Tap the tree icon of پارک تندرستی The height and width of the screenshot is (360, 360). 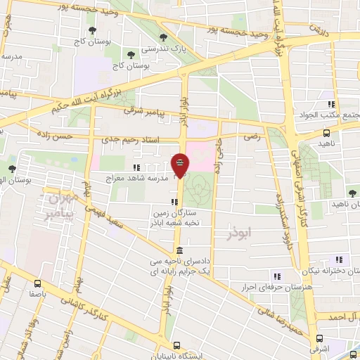click(163, 38)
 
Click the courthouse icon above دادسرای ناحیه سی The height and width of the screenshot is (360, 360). click(180, 251)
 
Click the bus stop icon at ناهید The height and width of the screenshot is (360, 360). click(326, 132)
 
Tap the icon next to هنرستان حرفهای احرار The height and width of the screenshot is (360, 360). click(276, 276)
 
